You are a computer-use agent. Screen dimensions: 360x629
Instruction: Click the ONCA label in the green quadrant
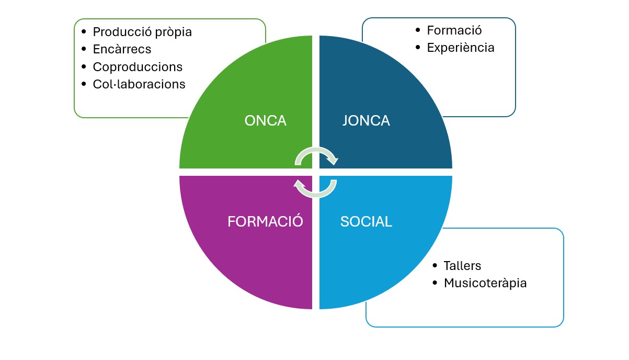point(265,121)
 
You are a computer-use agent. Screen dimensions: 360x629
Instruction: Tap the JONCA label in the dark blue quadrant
point(366,121)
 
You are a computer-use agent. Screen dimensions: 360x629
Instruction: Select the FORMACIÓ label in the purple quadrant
point(265,221)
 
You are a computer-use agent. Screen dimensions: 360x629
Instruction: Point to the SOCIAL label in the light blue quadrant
point(366,221)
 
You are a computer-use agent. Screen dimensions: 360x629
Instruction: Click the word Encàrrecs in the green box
point(122,49)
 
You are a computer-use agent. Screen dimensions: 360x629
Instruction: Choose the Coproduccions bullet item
point(138,67)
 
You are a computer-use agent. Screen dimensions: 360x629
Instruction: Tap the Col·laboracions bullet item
point(139,84)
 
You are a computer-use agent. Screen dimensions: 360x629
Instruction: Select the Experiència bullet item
point(461,48)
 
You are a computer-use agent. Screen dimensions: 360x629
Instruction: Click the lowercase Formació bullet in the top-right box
point(454,30)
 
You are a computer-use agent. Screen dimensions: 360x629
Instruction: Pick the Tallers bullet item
point(462,265)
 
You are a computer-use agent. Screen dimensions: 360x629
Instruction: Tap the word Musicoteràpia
point(485,283)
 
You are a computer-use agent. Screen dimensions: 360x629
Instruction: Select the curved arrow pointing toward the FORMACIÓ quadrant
point(315,188)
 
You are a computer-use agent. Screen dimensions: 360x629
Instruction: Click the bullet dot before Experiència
point(417,47)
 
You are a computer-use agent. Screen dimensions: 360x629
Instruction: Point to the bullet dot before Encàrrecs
point(84,49)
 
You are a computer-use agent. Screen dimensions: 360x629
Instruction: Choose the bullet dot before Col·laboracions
point(84,84)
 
